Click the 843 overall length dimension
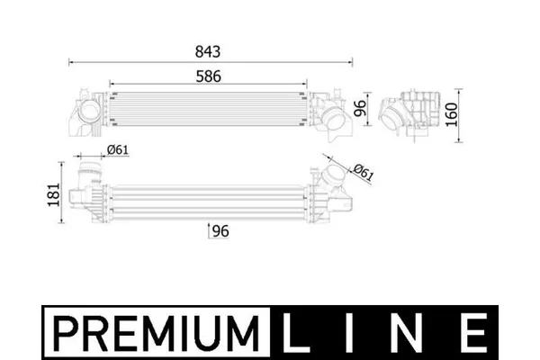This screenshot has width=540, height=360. (208, 51)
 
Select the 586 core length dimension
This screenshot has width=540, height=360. (209, 76)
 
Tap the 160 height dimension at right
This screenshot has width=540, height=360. (452, 115)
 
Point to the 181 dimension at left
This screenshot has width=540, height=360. (53, 194)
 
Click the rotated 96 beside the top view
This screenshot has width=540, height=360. (359, 109)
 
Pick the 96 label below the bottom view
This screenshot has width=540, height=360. (220, 231)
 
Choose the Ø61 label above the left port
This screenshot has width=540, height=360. (118, 150)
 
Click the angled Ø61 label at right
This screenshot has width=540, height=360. (364, 172)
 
